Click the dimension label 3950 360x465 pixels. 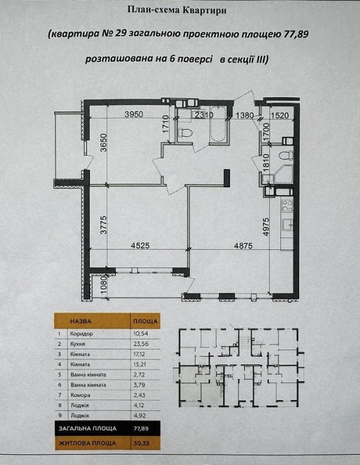pos(134,115)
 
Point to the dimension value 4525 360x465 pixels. pos(140,246)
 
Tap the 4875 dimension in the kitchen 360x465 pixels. pos(243,246)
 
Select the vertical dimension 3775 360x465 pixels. pos(103,225)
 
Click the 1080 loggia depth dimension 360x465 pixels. pos(103,285)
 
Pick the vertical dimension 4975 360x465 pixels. pos(266,227)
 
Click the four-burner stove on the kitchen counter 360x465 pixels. pos(286,205)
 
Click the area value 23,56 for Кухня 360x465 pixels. pos(141,344)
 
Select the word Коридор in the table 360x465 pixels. pos(81,334)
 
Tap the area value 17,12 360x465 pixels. pos(141,354)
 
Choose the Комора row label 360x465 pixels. pos(80,395)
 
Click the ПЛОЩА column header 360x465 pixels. pos(145,321)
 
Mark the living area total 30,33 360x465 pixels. pos(141,443)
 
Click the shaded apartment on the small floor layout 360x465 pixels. pos(196,385)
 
